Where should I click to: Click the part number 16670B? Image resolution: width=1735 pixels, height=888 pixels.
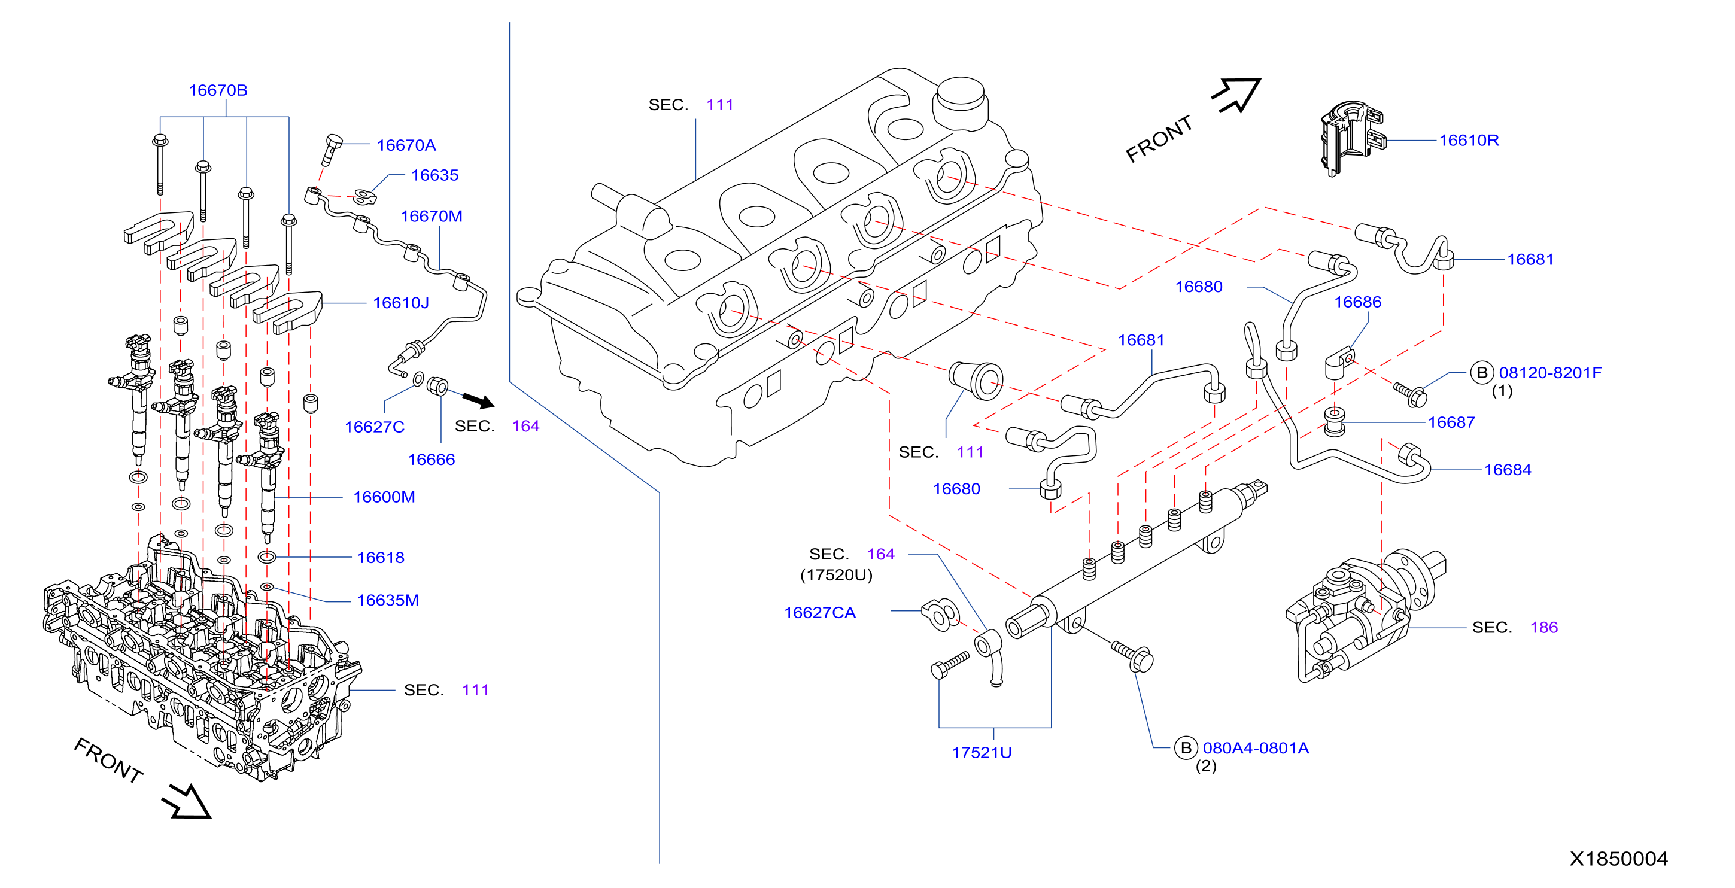click(x=218, y=90)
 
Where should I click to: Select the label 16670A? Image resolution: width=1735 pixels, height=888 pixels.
click(x=406, y=145)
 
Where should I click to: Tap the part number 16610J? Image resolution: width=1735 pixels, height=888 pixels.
click(x=401, y=303)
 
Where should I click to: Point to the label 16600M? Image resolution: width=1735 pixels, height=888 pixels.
click(x=384, y=497)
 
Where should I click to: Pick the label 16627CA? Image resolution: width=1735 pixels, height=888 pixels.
click(x=820, y=613)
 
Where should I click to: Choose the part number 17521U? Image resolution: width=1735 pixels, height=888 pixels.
click(x=982, y=753)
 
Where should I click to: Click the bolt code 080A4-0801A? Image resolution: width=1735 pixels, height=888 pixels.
click(x=1256, y=748)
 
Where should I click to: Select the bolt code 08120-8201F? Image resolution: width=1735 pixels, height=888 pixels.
click(x=1550, y=373)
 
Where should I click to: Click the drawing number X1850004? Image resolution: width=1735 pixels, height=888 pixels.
click(x=1618, y=859)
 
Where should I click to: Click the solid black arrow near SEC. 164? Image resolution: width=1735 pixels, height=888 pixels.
click(x=479, y=400)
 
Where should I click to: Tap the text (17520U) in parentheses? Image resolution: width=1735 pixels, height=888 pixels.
click(x=836, y=576)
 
